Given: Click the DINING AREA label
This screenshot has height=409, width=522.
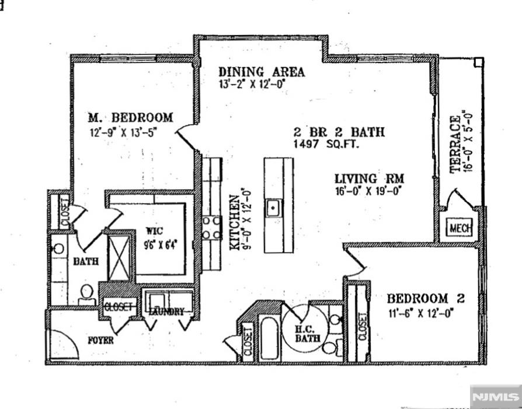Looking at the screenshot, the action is [x=262, y=72].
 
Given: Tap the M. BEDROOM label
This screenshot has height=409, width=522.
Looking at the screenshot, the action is [x=130, y=117].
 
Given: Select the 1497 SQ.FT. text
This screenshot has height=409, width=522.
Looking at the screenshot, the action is [x=326, y=144].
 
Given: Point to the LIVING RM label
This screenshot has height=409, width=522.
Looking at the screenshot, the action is [x=369, y=179].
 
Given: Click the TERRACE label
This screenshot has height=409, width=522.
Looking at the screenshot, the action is [x=455, y=144].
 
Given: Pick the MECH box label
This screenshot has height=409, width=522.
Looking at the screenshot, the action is [x=461, y=228].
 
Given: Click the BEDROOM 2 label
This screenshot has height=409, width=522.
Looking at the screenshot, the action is [x=426, y=298].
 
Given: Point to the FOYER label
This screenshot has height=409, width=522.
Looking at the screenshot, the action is [x=100, y=340].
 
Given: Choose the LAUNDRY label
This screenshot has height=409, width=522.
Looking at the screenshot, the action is [x=166, y=312].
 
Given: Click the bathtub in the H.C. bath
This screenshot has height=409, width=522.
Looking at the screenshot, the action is [x=269, y=338].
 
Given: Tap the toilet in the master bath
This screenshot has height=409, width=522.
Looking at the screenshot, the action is [x=86, y=295].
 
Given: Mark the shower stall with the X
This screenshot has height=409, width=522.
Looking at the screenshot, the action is [x=119, y=258].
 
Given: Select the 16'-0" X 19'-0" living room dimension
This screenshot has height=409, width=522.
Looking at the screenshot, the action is [x=367, y=191].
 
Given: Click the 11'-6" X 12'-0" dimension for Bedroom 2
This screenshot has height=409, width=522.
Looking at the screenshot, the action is [x=421, y=313].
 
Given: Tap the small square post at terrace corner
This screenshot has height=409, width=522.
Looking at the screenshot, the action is [x=478, y=62].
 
